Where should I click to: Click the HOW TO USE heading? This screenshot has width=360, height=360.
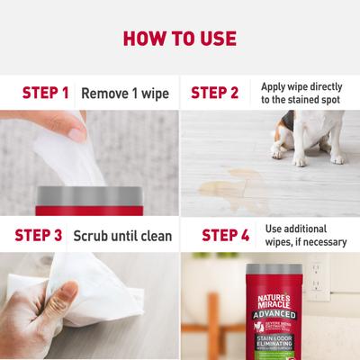click(x=180, y=39)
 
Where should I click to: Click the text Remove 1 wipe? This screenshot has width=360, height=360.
click(x=125, y=92)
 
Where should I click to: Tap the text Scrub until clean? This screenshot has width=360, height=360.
click(x=122, y=236)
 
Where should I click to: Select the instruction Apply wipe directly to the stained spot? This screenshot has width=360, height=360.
click(x=302, y=92)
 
